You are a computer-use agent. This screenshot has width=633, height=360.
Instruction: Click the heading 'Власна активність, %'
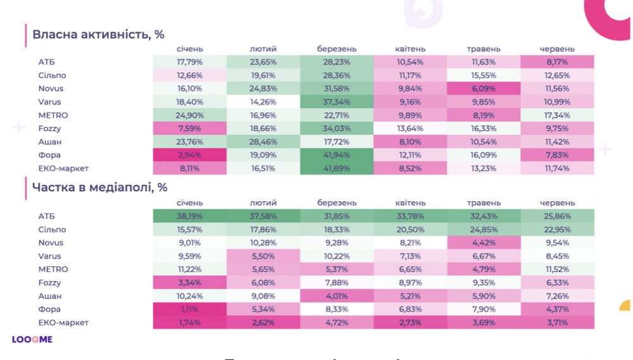point(98,34)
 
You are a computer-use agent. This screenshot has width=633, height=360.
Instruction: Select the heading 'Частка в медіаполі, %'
point(100,187)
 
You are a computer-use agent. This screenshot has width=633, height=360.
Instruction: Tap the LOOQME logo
point(32,340)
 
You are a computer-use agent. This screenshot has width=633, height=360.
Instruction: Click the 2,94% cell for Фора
point(189,155)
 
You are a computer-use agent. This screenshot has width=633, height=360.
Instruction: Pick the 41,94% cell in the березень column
point(337,155)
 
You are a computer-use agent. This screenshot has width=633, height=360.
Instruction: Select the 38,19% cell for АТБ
point(189,216)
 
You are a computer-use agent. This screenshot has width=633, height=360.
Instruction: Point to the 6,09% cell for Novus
point(484,89)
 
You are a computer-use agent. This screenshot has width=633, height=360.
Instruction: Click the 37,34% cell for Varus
point(337,102)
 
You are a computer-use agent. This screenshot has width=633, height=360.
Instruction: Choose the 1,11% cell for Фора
point(189,309)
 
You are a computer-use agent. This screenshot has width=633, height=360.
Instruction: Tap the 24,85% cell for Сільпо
point(484,230)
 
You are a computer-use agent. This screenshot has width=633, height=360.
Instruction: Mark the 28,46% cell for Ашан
point(263,142)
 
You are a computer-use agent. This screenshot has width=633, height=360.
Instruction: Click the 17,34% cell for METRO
point(557,115)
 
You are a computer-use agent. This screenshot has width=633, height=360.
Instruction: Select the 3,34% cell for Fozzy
point(189,283)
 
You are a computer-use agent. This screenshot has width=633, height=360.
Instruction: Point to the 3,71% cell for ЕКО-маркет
point(557,323)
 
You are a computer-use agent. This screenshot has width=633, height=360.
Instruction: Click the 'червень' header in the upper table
point(557,49)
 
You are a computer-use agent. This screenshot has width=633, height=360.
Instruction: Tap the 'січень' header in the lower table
point(190,203)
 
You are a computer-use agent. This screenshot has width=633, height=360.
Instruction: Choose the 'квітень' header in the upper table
point(410,49)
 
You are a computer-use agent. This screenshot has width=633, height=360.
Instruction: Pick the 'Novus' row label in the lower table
point(51,243)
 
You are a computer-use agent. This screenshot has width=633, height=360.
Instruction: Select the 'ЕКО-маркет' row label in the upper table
point(64,168)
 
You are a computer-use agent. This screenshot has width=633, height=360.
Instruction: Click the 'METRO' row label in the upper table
point(53,115)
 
